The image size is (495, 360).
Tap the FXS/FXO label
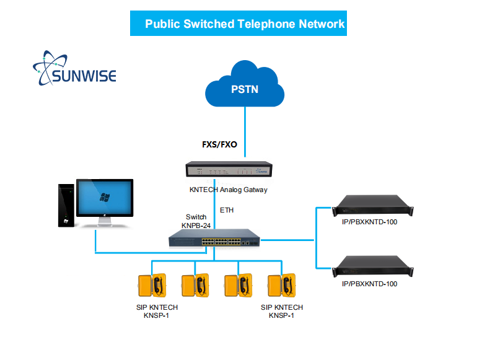pyautogui.click(x=219, y=145)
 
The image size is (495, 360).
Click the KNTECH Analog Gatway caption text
pyautogui.click(x=229, y=190)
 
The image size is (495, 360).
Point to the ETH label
pyautogui.click(x=227, y=211)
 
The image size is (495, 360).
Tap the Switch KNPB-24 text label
pyautogui.click(x=197, y=221)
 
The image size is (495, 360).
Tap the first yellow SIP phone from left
pyautogui.click(x=152, y=286)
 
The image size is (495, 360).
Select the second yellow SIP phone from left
pyautogui.click(x=195, y=286)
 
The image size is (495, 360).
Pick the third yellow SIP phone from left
pyautogui.click(x=237, y=286)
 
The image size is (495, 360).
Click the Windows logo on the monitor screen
pyautogui.click(x=105, y=197)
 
